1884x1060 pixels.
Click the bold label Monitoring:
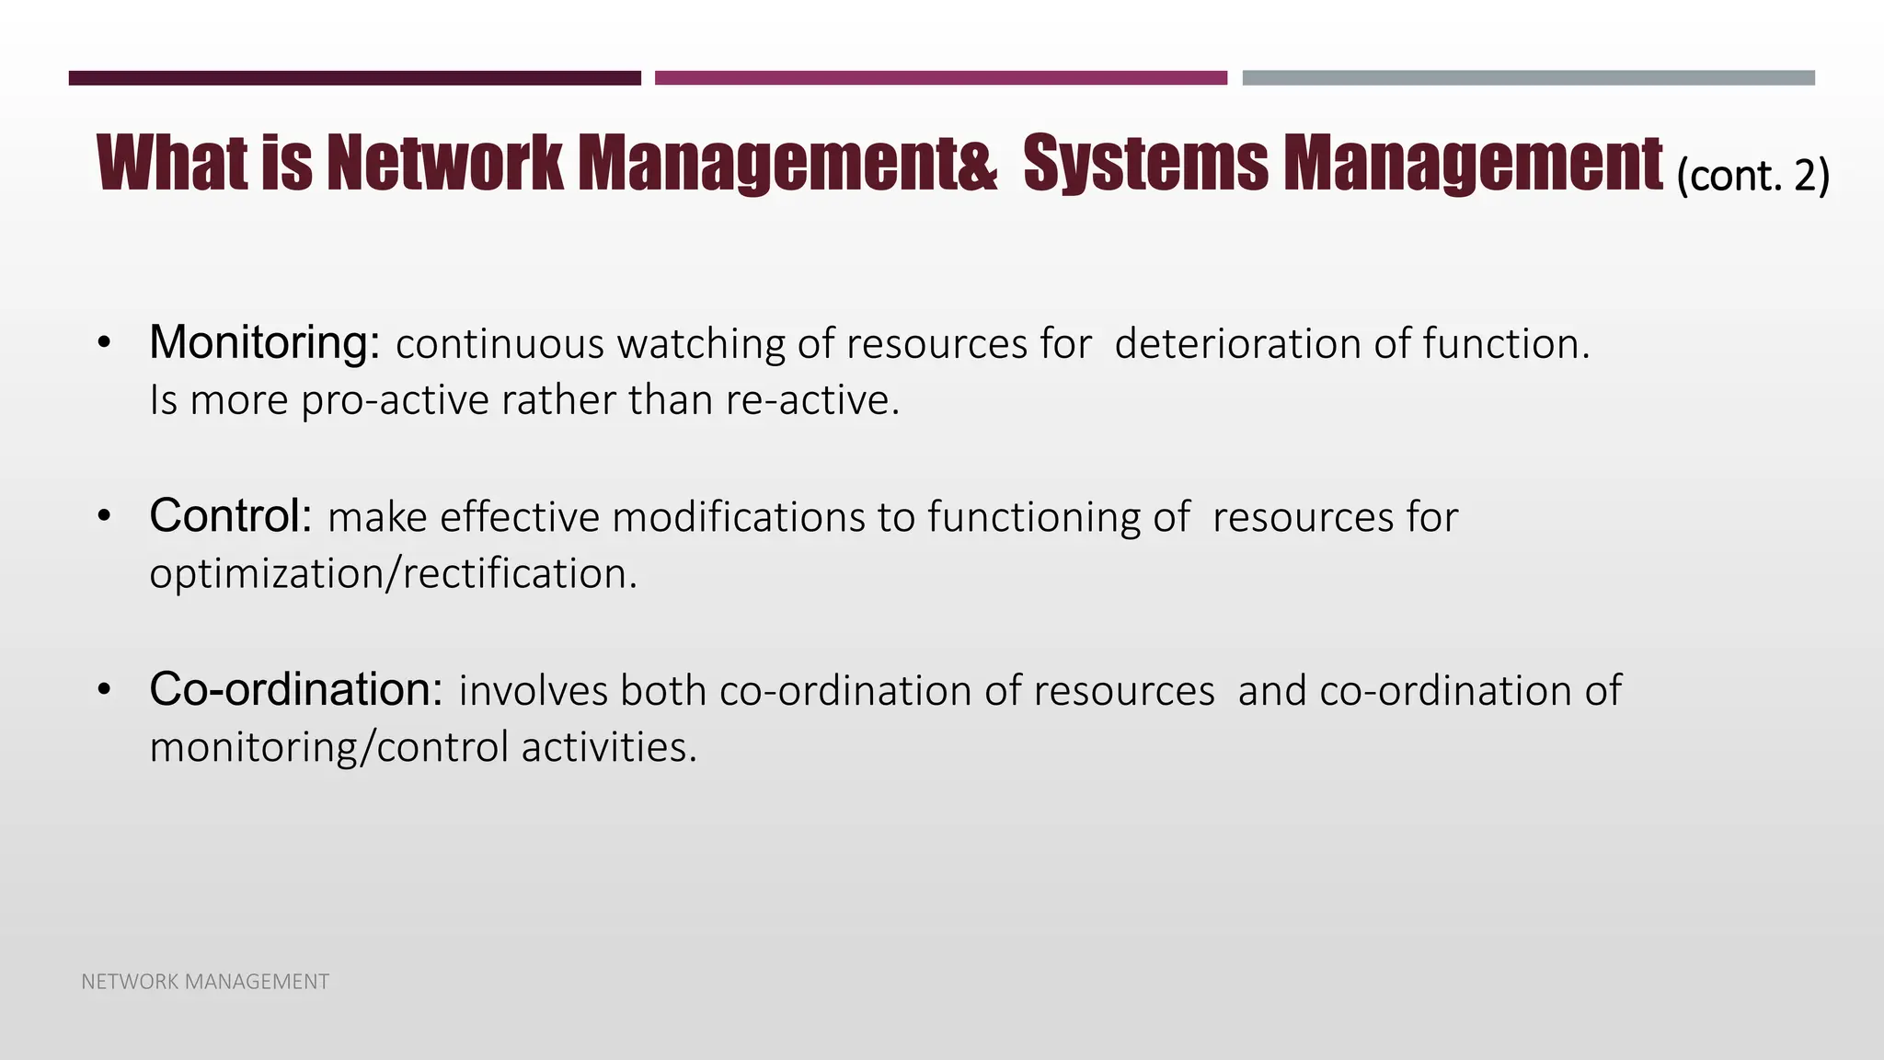click(x=264, y=343)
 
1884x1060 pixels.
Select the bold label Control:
click(x=231, y=516)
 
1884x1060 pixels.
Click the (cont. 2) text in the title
click(x=1752, y=175)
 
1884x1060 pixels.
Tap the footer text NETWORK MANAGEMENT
click(x=205, y=982)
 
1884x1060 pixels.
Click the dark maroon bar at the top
click(x=354, y=78)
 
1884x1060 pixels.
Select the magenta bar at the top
click(x=940, y=78)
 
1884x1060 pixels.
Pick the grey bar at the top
click(x=1528, y=78)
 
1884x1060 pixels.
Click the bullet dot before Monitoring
click(x=104, y=344)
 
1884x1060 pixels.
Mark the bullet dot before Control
click(x=104, y=517)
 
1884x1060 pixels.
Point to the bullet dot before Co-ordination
click(x=104, y=690)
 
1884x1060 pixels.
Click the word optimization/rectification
click(x=393, y=574)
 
